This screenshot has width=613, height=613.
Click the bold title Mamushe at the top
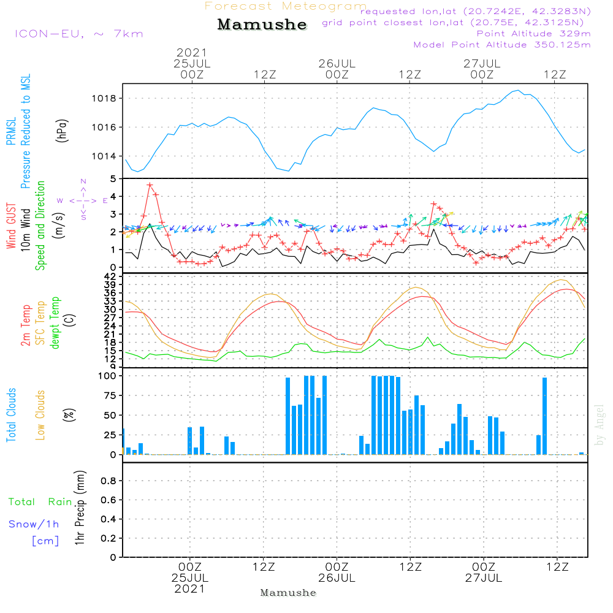(262, 25)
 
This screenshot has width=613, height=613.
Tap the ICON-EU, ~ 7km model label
(78, 34)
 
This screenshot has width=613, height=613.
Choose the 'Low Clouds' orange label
(41, 414)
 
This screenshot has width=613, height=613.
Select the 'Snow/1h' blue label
(34, 524)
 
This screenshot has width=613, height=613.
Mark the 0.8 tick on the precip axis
(108, 481)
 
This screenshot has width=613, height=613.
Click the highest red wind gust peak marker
(150, 185)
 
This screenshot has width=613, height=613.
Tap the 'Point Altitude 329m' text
(533, 33)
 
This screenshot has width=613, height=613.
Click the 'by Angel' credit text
(600, 425)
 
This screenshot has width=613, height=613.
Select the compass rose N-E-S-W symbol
(83, 200)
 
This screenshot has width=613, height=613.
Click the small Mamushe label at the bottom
(288, 593)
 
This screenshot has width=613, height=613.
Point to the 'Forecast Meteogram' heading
(286, 6)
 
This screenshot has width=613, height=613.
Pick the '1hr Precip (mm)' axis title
(80, 509)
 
